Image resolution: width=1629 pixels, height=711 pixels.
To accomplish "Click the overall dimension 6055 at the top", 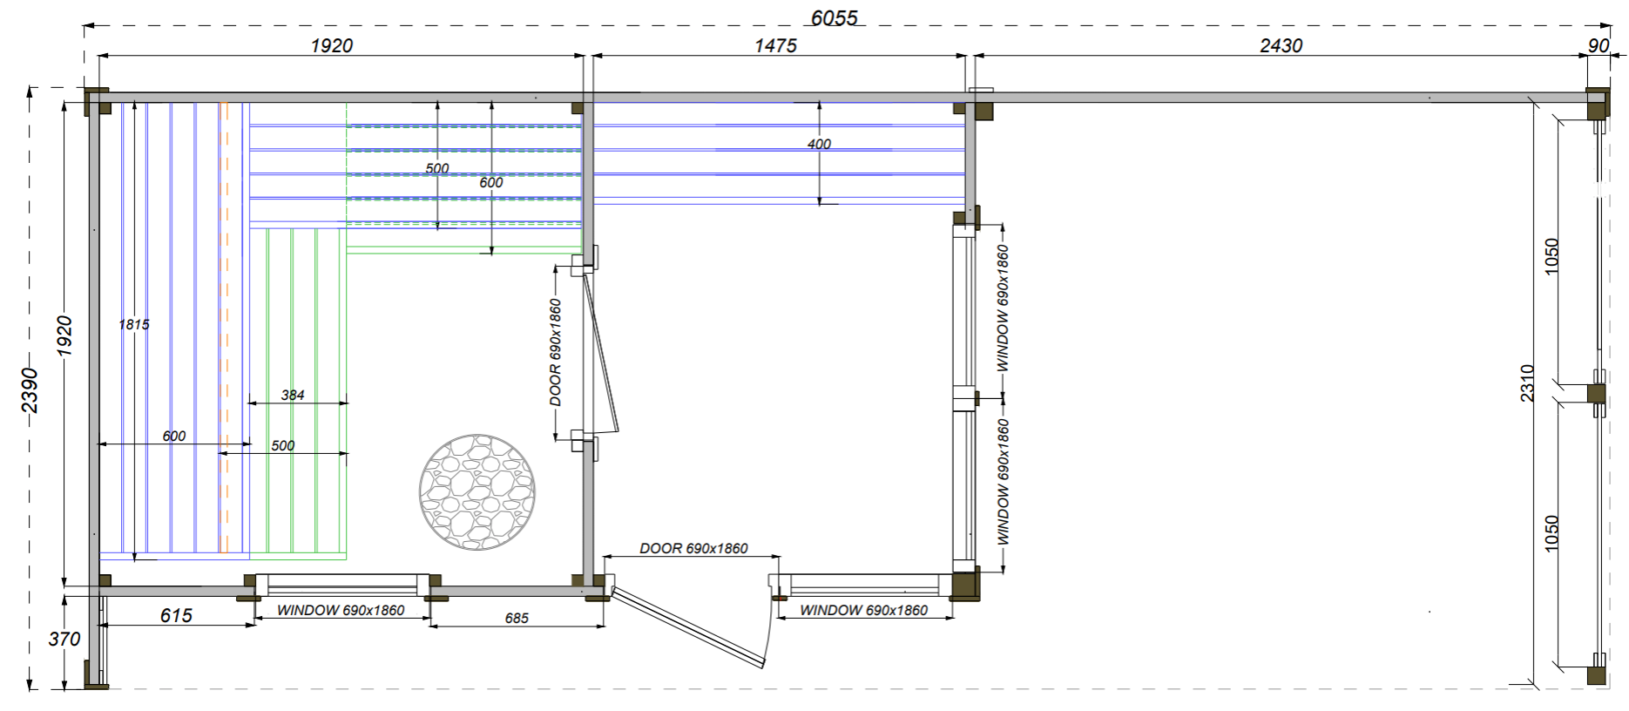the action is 834,17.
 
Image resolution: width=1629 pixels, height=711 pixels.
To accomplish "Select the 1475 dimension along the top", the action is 775,45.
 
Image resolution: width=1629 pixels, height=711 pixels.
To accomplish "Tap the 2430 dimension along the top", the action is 1281,45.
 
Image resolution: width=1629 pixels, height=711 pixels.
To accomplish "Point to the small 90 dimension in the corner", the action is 1599,45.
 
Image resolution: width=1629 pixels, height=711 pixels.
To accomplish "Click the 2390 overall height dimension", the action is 30,389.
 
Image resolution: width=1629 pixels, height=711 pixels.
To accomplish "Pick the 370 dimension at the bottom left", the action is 64,639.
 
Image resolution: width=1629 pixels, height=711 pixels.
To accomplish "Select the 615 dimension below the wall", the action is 176,615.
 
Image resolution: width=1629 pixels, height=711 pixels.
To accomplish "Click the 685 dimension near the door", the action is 517,618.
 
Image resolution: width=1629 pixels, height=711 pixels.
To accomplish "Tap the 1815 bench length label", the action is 134,324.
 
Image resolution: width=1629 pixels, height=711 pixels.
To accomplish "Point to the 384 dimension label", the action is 293,395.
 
